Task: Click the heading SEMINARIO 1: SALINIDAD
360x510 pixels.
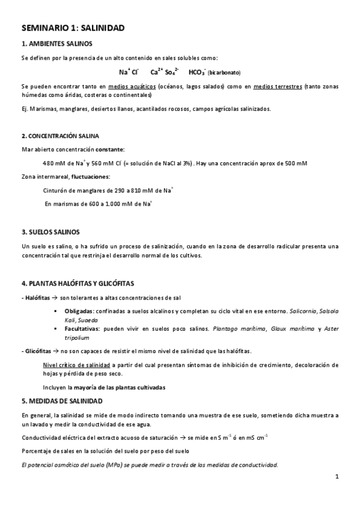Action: pyautogui.click(x=73, y=28)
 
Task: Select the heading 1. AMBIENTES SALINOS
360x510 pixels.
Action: pyautogui.click(x=56, y=43)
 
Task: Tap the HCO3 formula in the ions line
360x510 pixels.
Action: pyautogui.click(x=197, y=72)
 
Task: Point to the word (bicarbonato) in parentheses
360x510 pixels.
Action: pyautogui.click(x=224, y=73)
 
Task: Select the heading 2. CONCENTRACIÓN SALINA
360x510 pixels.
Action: pyautogui.click(x=60, y=136)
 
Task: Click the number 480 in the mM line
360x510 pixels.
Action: pyautogui.click(x=49, y=163)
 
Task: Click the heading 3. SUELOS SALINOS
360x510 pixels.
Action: pyautogui.click(x=50, y=232)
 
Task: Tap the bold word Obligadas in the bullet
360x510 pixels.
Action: pyautogui.click(x=78, y=312)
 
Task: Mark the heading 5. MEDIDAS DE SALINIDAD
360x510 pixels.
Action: pyautogui.click(x=62, y=401)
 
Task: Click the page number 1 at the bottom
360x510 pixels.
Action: pyautogui.click(x=337, y=478)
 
